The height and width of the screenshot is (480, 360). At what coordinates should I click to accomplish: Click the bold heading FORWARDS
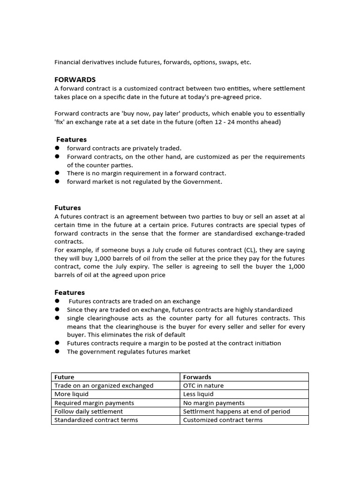[75, 80]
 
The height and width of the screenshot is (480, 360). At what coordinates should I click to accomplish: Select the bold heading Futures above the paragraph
[67, 208]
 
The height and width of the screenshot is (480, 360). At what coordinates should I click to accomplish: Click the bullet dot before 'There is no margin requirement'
[57, 173]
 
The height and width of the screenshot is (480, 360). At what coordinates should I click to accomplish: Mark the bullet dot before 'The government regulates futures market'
[57, 352]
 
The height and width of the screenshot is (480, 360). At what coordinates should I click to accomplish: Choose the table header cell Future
[65, 377]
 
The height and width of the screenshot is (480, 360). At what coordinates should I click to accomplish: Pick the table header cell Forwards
[197, 377]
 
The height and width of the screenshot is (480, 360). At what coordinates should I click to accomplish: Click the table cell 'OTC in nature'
[203, 385]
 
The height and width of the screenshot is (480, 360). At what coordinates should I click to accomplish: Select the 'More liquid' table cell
[71, 394]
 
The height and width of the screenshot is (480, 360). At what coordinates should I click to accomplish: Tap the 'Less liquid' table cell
[198, 394]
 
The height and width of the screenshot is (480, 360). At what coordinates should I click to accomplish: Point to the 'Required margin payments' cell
[94, 403]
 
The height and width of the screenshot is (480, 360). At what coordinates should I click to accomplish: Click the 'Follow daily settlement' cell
[89, 411]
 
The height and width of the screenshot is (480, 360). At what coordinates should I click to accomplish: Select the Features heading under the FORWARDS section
[71, 140]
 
